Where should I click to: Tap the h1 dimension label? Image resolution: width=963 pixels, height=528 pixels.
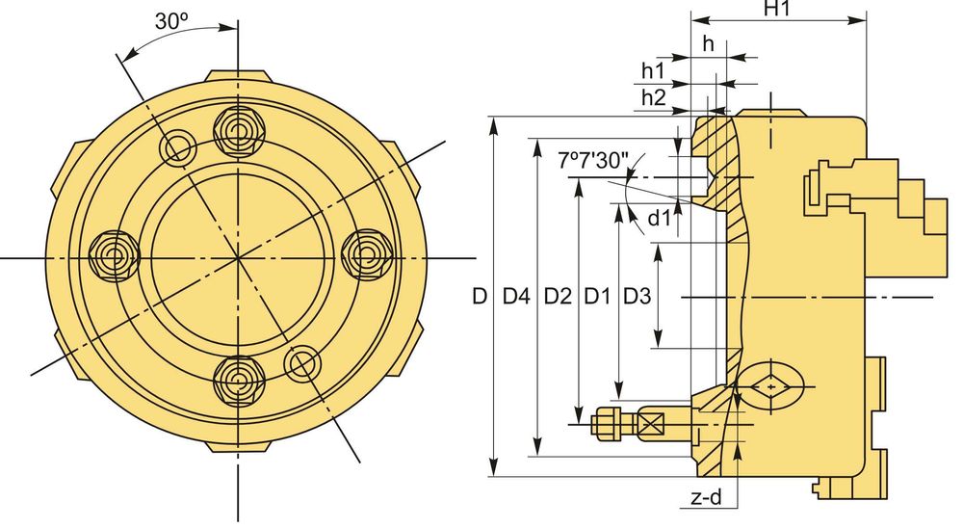[653, 70]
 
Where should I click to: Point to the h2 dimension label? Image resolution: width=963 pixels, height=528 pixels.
[653, 96]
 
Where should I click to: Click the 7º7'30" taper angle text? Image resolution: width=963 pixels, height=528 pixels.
[593, 159]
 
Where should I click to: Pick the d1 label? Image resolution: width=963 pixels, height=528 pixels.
[658, 218]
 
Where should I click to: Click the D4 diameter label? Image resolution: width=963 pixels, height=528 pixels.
[517, 296]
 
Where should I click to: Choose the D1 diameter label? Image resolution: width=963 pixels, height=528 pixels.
[597, 296]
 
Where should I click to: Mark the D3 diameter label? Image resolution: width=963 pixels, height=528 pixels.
[636, 296]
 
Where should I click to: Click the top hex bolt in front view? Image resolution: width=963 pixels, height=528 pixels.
[237, 125]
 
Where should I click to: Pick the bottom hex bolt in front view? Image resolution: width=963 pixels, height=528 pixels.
[237, 383]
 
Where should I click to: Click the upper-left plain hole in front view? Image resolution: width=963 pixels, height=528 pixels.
[178, 147]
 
